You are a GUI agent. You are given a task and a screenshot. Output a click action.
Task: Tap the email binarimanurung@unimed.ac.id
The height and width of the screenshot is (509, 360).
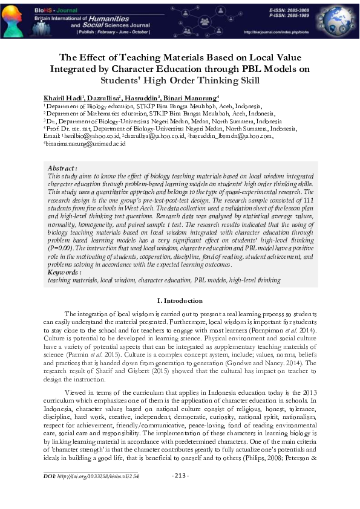[x=84, y=144]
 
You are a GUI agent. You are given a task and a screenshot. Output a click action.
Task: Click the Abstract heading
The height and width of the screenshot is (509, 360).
[x=62, y=168]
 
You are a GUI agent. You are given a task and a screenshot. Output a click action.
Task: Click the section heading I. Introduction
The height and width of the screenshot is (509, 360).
[x=180, y=300]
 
